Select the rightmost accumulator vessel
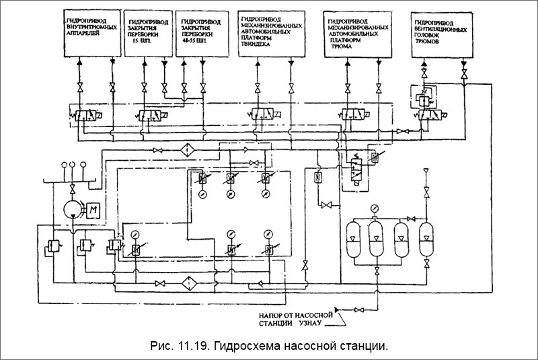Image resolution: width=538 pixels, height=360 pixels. (x=426, y=236)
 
